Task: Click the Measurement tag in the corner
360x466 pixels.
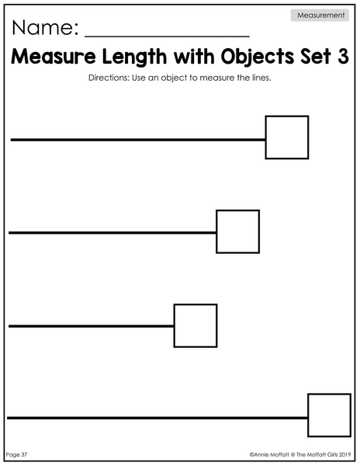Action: tap(320, 16)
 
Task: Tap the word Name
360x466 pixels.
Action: tap(43, 28)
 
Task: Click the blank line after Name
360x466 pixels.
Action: tap(167, 37)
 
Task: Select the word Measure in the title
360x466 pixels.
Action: tap(54, 56)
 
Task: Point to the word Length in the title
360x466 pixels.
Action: tap(134, 57)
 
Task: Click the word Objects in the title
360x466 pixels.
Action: tap(257, 57)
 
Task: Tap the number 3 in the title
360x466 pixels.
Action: tap(343, 56)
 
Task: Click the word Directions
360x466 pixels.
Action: tap(109, 78)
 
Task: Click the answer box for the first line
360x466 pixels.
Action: tap(287, 137)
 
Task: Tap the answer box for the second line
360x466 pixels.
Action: tap(237, 231)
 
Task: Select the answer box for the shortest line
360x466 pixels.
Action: tap(196, 325)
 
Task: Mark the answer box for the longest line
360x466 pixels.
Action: tap(330, 416)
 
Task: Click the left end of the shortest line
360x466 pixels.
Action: tap(9, 326)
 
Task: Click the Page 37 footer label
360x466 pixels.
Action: tap(16, 454)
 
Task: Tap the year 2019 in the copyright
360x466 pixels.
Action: tap(344, 454)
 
